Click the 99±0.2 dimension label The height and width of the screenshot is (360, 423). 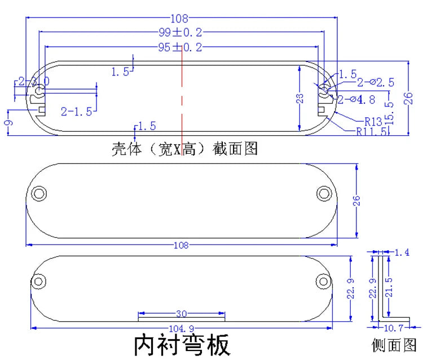180,33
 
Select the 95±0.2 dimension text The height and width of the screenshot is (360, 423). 180,47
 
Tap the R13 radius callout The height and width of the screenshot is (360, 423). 373,121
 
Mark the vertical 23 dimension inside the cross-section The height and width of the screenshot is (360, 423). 301,99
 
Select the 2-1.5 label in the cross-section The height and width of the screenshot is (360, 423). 76,111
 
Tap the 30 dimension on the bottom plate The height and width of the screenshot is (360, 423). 182,314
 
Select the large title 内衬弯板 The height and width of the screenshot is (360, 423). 182,345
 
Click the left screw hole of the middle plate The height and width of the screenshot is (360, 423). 39,193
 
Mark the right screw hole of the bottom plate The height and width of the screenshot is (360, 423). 322,281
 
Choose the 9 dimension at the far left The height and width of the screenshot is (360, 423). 7,123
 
